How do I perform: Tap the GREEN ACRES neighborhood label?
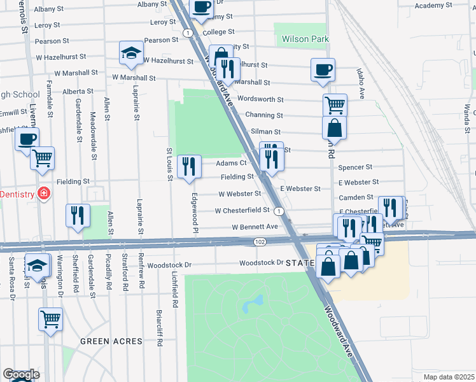pos(111,341)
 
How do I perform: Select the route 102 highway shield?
pos(259,242)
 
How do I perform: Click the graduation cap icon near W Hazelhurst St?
pos(132,53)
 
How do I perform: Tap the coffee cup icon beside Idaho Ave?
pos(323,69)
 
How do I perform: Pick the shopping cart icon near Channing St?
pos(335,105)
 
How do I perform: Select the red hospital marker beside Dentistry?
pos(43,193)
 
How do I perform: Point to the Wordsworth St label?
pos(260,99)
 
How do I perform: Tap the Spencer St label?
pos(355,167)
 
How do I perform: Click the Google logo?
pos(21,374)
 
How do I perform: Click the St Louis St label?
pos(170,164)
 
